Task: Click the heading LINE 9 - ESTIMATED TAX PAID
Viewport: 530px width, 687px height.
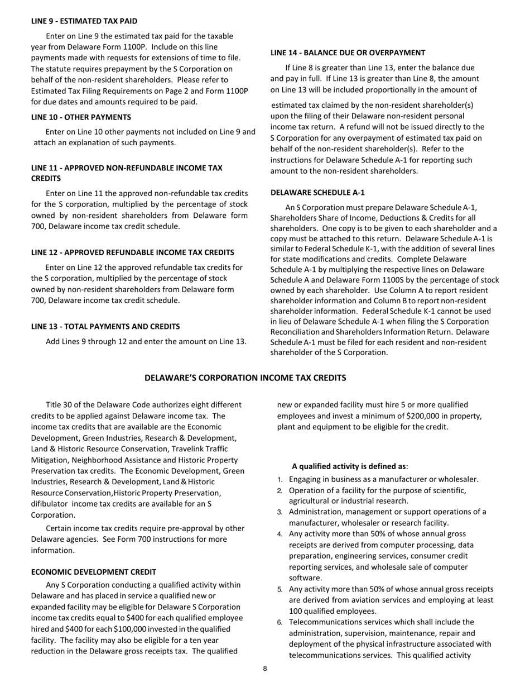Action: coord(84,21)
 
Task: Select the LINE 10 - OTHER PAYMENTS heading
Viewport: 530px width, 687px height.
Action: coord(81,117)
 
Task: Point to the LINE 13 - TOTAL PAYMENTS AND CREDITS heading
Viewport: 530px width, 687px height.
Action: coord(105,327)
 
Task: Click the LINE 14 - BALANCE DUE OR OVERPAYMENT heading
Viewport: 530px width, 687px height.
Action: coord(348,53)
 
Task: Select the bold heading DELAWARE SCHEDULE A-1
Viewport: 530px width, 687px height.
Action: coord(317,193)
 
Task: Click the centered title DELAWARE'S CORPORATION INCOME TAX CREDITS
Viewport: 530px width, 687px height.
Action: coord(245,378)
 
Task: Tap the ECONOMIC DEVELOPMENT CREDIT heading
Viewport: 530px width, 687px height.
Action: coord(94,572)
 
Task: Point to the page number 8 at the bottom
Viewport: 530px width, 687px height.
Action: coord(265,669)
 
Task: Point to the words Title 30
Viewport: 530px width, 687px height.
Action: coord(60,405)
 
